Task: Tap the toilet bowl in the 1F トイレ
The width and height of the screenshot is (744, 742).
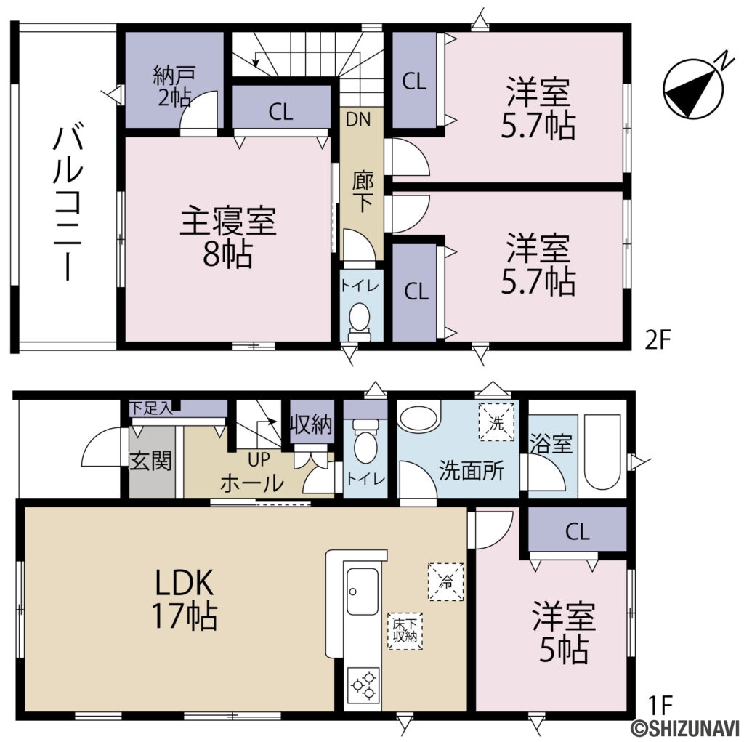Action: coord(365,446)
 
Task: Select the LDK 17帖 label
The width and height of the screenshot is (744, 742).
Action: coord(183,598)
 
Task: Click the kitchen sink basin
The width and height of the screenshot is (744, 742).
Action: coord(362,591)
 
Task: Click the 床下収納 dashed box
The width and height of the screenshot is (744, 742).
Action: coord(405,631)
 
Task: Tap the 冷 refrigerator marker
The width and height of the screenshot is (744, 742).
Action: coord(446,581)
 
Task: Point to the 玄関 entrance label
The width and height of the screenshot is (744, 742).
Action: coord(151,461)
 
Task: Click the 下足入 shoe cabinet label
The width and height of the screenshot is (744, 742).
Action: coord(150,408)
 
